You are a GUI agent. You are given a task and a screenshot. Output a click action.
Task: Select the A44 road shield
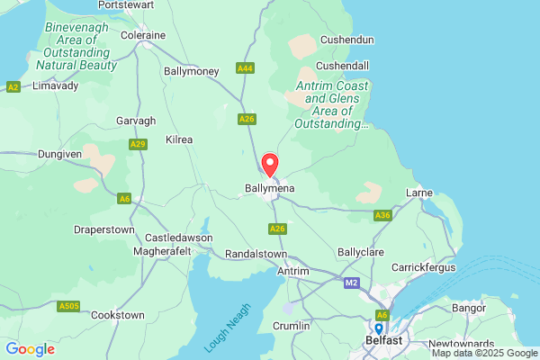(245, 67)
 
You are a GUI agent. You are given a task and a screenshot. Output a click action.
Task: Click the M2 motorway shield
(351, 283)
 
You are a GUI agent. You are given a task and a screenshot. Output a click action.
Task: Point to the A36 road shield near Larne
(382, 215)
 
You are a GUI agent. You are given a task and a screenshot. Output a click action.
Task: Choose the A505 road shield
(68, 307)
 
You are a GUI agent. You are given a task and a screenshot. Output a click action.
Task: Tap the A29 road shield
(138, 144)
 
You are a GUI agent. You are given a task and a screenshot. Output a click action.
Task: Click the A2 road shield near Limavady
(13, 86)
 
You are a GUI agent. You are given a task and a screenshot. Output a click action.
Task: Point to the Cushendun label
(346, 40)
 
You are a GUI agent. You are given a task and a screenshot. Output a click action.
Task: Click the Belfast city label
(382, 341)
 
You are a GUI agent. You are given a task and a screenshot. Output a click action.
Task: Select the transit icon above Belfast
(382, 328)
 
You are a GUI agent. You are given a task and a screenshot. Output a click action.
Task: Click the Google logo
(30, 348)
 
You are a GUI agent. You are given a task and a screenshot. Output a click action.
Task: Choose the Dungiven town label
(59, 154)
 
